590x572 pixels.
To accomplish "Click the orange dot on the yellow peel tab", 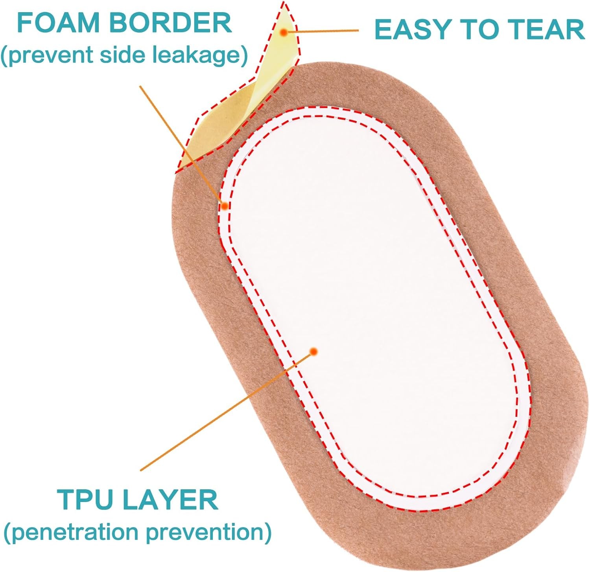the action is (283, 33).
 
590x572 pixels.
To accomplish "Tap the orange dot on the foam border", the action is (225, 206).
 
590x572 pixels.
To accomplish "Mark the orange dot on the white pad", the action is (313, 352).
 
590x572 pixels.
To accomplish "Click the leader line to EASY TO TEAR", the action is (326, 31).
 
